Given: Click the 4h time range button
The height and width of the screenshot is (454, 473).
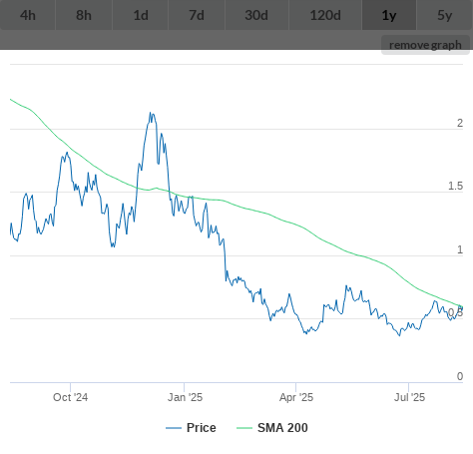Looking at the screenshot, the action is [28, 15].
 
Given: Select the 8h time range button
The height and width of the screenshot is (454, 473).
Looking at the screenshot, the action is [84, 15].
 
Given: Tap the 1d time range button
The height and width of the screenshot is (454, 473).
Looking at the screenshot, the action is [141, 15].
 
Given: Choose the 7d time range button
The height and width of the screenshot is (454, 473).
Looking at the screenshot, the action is [197, 15].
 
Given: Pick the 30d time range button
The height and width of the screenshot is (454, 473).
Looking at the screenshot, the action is [256, 15].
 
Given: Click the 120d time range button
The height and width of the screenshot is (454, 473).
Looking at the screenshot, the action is [325, 15].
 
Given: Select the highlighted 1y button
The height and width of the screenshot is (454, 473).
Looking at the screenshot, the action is [389, 15].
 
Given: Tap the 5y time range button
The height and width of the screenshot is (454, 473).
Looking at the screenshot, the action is [445, 15].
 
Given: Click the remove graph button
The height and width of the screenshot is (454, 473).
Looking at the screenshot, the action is [425, 45].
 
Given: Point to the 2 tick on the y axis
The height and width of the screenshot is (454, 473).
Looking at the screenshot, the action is [460, 123].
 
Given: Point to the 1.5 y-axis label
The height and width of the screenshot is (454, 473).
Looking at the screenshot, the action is [455, 186].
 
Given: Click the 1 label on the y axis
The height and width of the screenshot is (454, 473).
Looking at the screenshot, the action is [460, 249].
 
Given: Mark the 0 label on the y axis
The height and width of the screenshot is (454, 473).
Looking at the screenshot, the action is [460, 376].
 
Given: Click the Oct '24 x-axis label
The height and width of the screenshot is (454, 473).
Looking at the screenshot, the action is [70, 397].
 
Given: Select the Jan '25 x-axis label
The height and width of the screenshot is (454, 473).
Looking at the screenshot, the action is [185, 397].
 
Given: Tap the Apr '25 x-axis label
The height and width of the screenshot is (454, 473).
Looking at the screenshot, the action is [296, 397].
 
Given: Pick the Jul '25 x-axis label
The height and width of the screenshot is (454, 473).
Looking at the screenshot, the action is [409, 397].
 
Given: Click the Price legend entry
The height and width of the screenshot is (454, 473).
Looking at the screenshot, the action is [191, 428].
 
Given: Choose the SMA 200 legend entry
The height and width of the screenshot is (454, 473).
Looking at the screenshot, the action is [272, 428].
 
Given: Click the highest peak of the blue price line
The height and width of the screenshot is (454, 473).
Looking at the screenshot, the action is [150, 113].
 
